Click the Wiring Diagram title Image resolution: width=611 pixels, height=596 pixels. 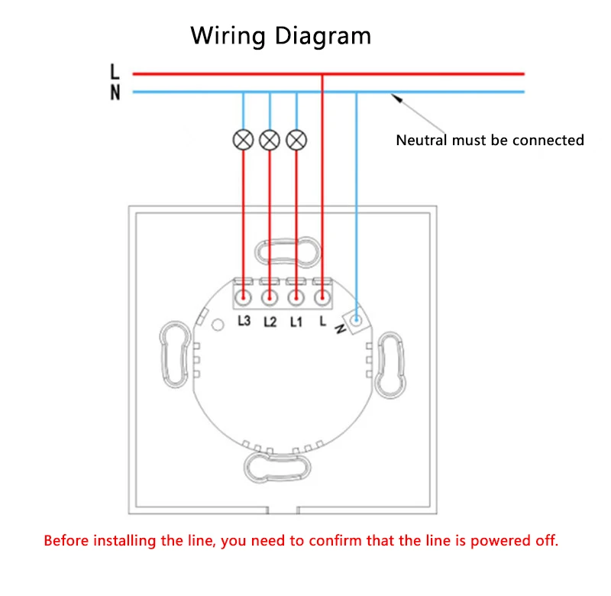pyautogui.click(x=280, y=36)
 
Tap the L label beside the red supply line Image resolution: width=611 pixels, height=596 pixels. pyautogui.click(x=115, y=72)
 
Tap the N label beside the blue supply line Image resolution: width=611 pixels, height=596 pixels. pyautogui.click(x=115, y=92)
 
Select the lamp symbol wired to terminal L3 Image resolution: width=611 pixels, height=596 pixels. pyautogui.click(x=243, y=140)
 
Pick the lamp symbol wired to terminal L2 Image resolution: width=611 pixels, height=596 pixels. pyautogui.click(x=270, y=140)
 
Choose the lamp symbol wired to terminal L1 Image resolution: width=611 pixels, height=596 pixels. pyautogui.click(x=296, y=140)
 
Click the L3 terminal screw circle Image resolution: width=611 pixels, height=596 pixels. pyautogui.click(x=244, y=298)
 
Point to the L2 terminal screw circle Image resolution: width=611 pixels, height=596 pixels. pyautogui.click(x=270, y=298)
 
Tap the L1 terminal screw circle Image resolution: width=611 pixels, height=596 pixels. pyautogui.click(x=296, y=298)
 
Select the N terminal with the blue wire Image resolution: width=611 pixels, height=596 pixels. pyautogui.click(x=356, y=320)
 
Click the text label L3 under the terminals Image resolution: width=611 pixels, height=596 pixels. pyautogui.click(x=244, y=321)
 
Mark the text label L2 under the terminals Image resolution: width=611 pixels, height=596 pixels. pyautogui.click(x=270, y=322)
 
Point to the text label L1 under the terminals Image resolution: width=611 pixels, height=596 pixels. pyautogui.click(x=296, y=322)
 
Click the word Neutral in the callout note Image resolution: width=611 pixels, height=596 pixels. pyautogui.click(x=422, y=141)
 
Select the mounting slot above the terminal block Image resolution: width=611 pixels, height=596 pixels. pyautogui.click(x=288, y=252)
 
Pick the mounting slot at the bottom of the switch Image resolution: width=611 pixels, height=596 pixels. pyautogui.click(x=277, y=468)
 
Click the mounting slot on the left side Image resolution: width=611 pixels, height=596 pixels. pyautogui.click(x=176, y=355)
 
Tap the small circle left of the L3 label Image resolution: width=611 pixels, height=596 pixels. pyautogui.click(x=218, y=325)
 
